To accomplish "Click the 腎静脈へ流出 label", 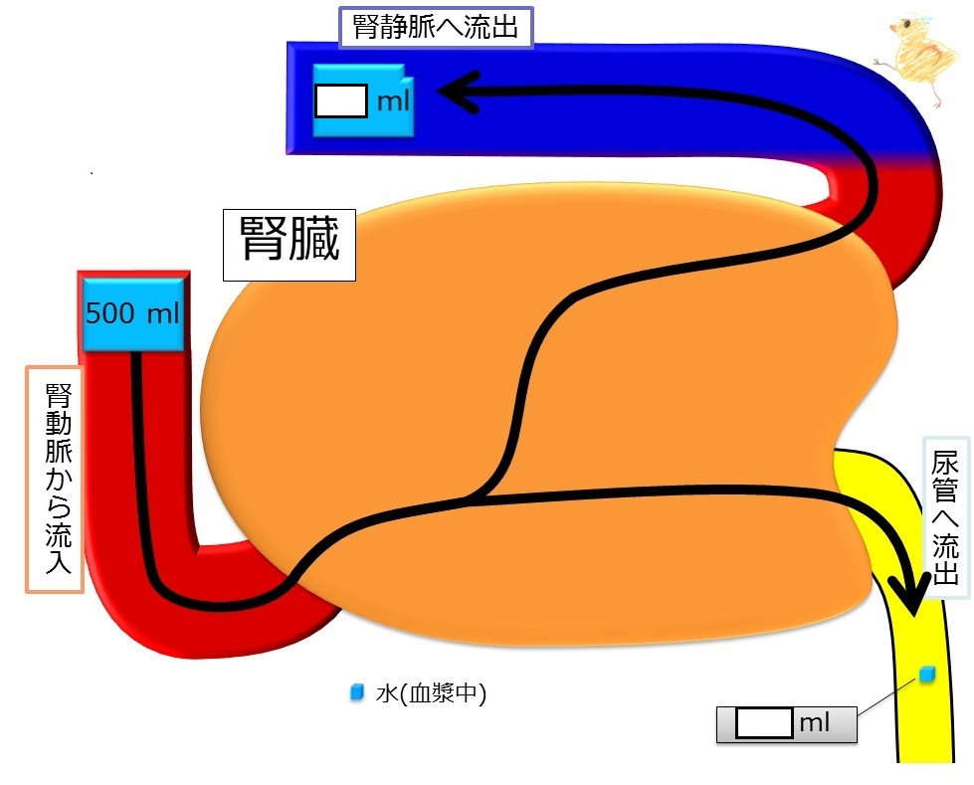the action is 436,27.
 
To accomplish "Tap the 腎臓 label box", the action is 290,245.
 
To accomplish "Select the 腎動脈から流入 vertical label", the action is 56,479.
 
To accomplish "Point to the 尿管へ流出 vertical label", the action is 945,518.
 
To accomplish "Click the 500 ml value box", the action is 133,314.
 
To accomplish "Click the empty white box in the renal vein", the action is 341,100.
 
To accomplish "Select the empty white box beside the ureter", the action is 764,723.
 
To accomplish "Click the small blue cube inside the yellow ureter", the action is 927,675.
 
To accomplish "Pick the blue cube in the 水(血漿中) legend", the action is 356,691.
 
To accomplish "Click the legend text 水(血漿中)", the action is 431,693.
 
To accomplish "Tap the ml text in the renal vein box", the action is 393,100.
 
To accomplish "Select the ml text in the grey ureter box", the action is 815,723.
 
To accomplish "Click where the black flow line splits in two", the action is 474,496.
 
